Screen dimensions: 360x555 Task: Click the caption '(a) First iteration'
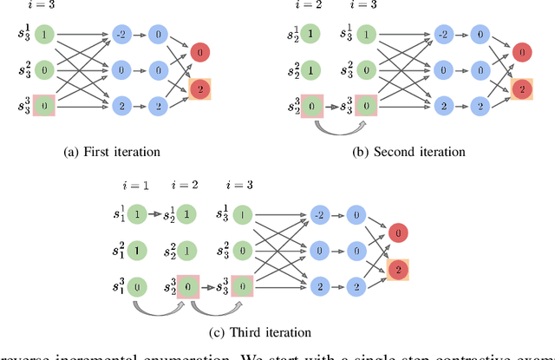coord(113,152)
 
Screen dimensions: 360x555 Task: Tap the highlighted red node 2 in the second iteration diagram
coord(520,88)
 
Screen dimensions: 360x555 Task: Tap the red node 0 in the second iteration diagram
coord(519,52)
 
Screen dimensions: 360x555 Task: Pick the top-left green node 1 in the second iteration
coord(310,36)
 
